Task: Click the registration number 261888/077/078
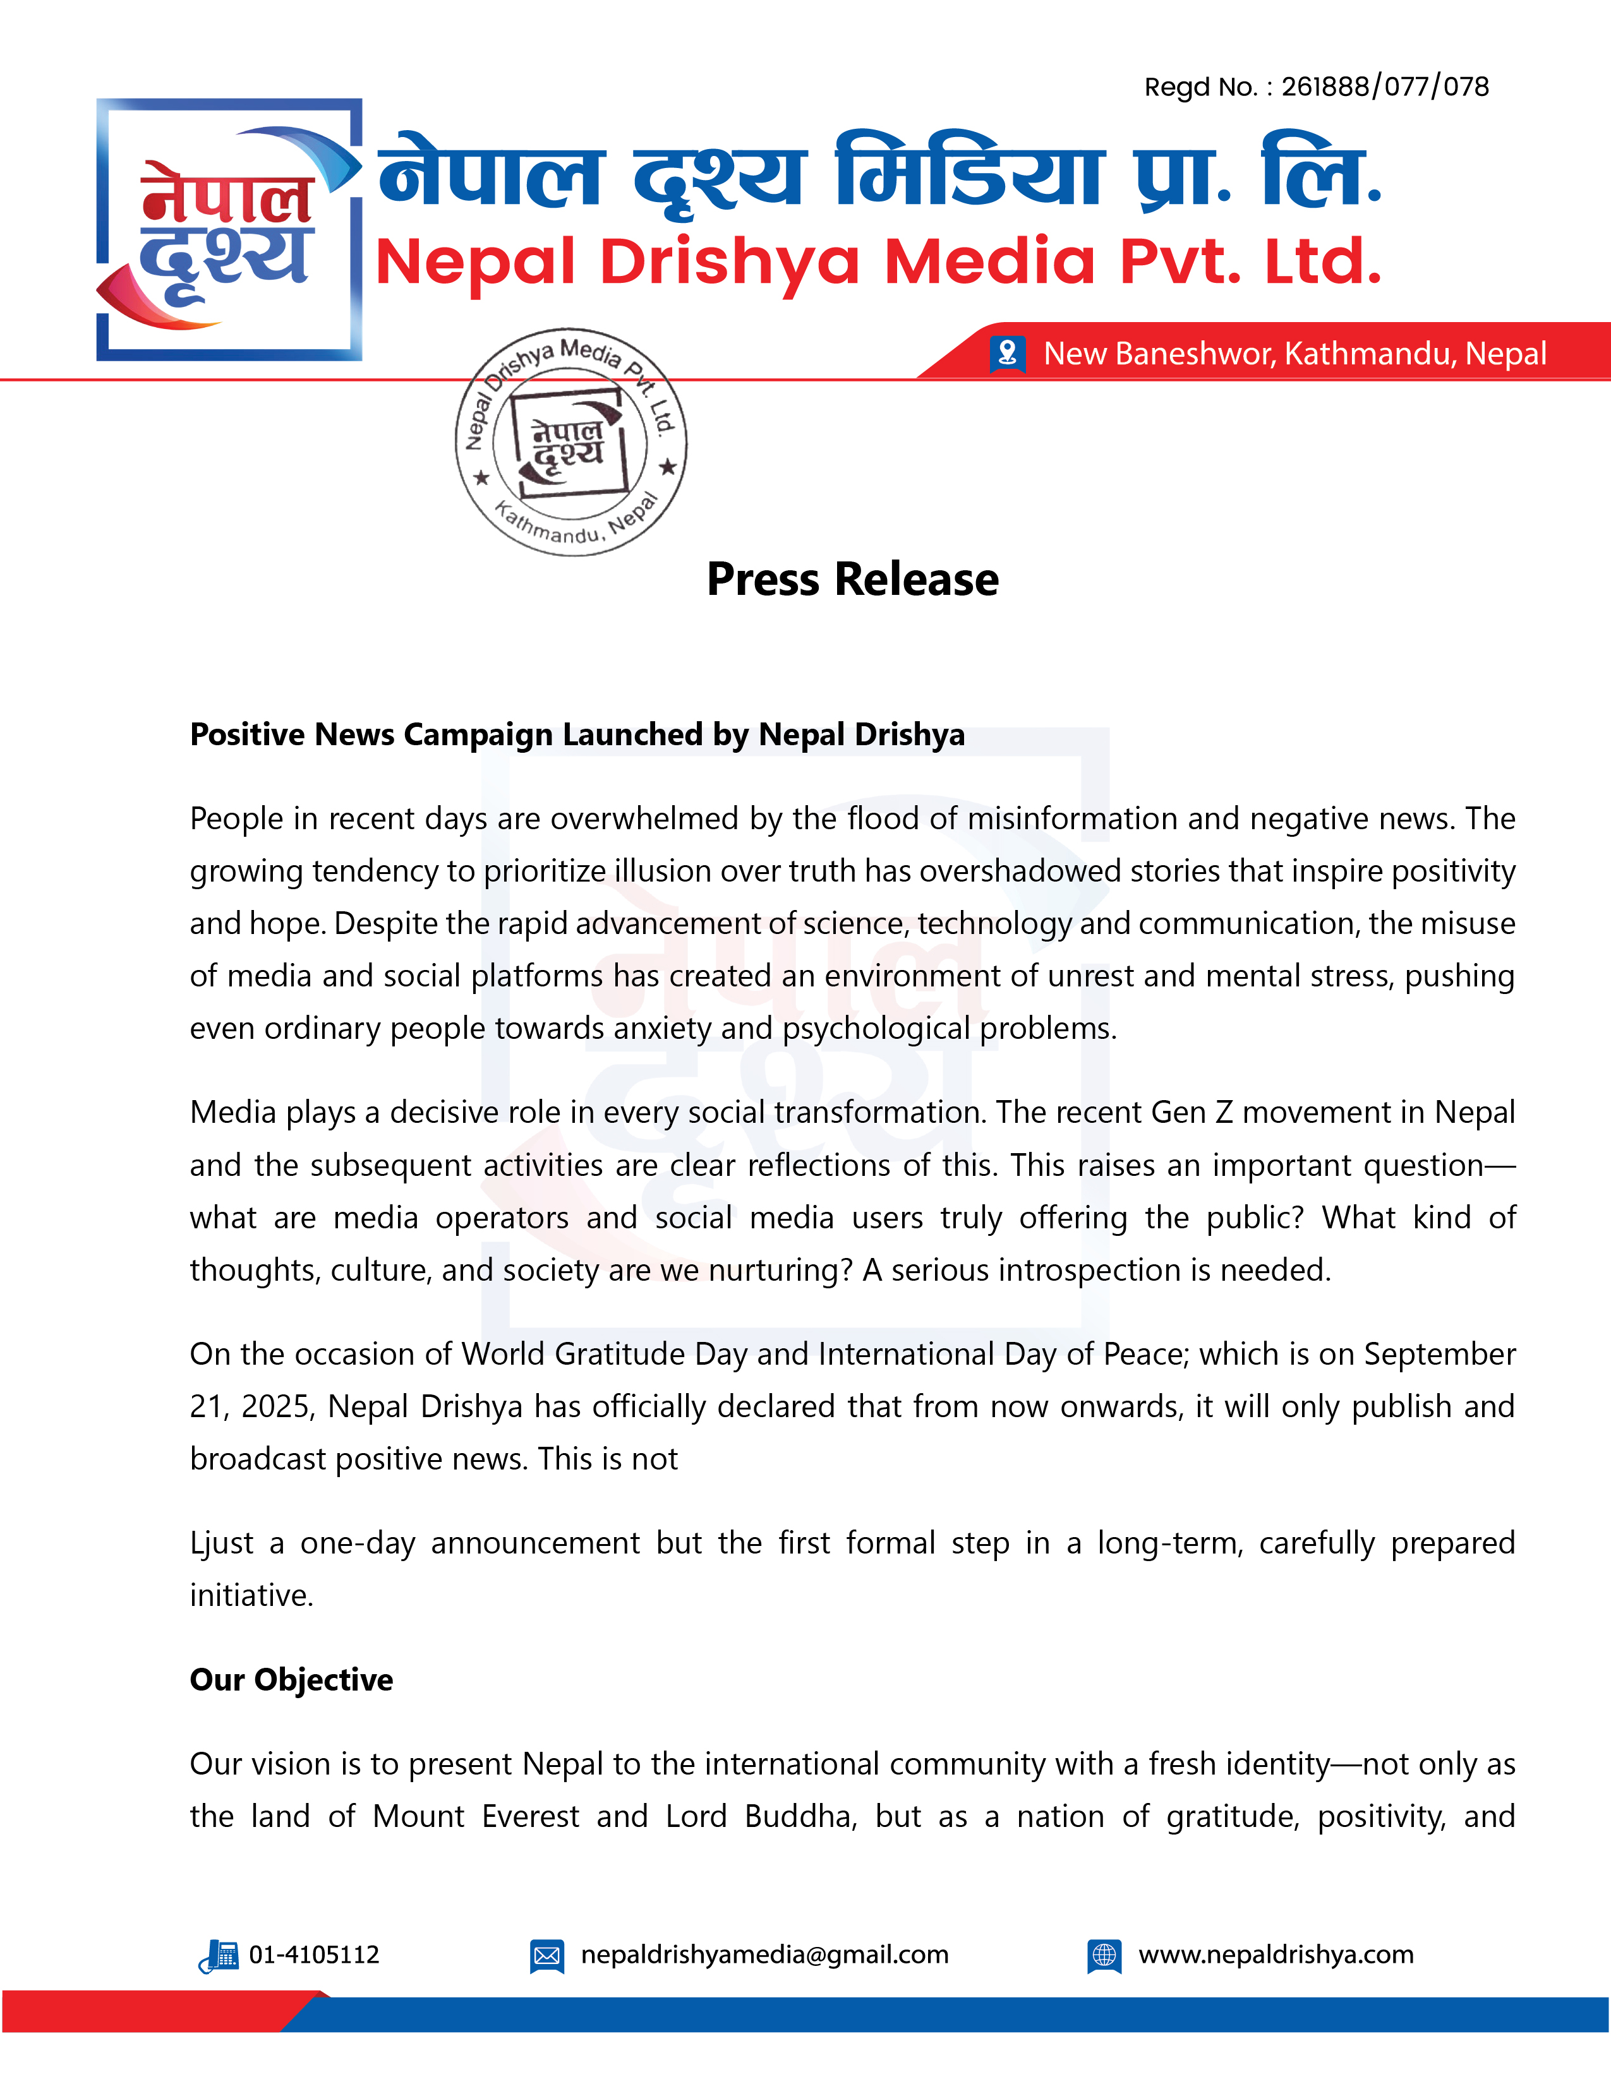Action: click(1384, 88)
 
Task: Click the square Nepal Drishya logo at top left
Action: click(229, 230)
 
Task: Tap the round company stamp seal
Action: click(570, 442)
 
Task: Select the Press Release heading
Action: click(852, 579)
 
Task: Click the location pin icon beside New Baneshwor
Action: click(1007, 353)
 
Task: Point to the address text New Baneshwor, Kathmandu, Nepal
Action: click(1294, 354)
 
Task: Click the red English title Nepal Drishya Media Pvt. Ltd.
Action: click(878, 263)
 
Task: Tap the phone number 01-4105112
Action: click(314, 1955)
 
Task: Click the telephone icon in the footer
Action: click(219, 1956)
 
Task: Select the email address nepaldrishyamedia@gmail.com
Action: click(764, 1955)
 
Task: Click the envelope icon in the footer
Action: click(547, 1956)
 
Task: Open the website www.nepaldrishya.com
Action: click(1276, 1955)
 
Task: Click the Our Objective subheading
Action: click(291, 1679)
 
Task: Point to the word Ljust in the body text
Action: click(221, 1543)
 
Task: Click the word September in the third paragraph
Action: click(1439, 1354)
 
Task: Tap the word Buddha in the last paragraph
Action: click(800, 1816)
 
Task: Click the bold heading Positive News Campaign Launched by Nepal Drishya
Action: click(577, 734)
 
